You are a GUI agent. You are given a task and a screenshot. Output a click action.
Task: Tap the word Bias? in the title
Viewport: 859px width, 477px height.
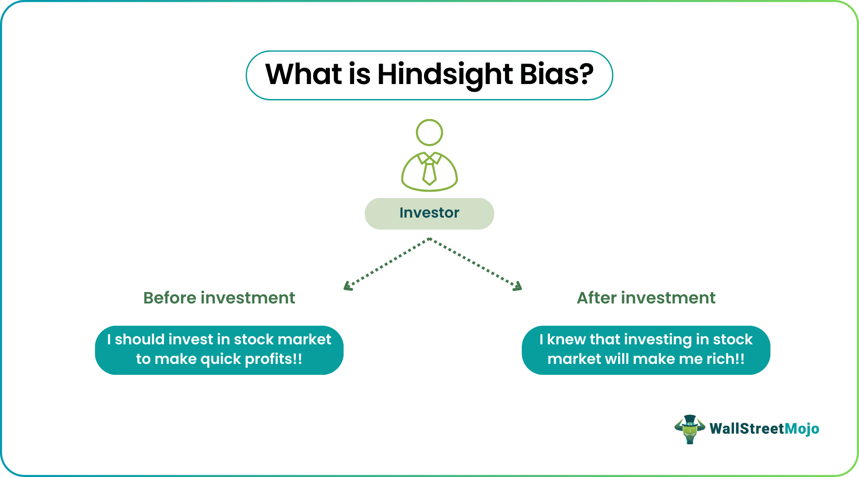(x=556, y=74)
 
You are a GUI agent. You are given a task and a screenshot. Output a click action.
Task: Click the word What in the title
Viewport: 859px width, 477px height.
(x=303, y=74)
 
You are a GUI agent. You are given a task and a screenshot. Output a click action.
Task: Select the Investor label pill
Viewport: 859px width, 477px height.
(x=429, y=213)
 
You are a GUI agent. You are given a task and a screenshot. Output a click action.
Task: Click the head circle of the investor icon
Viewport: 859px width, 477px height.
(x=429, y=132)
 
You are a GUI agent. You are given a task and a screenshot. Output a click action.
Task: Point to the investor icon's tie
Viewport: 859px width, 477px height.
(x=429, y=173)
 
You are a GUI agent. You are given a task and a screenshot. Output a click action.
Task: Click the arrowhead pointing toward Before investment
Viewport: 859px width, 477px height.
(x=348, y=286)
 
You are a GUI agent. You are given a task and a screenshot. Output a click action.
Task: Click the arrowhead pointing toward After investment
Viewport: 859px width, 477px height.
(x=518, y=286)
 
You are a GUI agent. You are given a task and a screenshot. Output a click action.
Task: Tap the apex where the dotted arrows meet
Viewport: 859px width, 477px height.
(x=429, y=239)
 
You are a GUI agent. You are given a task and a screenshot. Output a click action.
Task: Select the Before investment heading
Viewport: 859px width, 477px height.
(x=219, y=298)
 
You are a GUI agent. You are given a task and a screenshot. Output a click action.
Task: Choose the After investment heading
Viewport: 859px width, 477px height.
(x=646, y=298)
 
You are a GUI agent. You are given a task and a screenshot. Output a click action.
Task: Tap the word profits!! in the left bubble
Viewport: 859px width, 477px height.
(x=274, y=359)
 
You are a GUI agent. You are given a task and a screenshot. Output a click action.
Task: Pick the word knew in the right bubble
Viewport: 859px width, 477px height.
(x=566, y=339)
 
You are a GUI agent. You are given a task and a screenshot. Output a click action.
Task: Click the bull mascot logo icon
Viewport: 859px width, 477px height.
(x=689, y=429)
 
